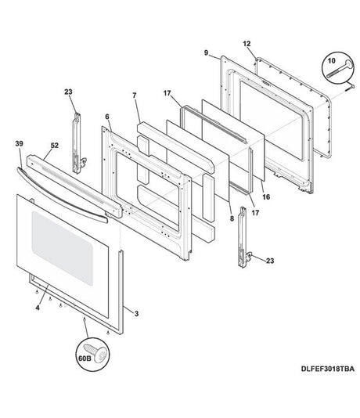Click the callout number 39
coord(19,144)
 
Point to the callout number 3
coord(137,312)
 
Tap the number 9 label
coord(207,52)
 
